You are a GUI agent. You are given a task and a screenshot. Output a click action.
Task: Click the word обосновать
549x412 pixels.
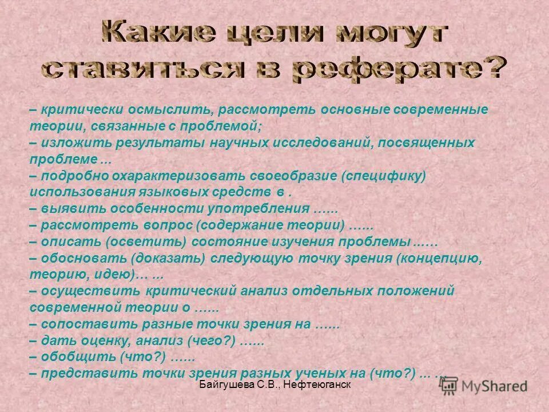tap(79, 258)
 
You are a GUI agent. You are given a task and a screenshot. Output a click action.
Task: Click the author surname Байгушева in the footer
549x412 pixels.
tap(225, 387)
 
